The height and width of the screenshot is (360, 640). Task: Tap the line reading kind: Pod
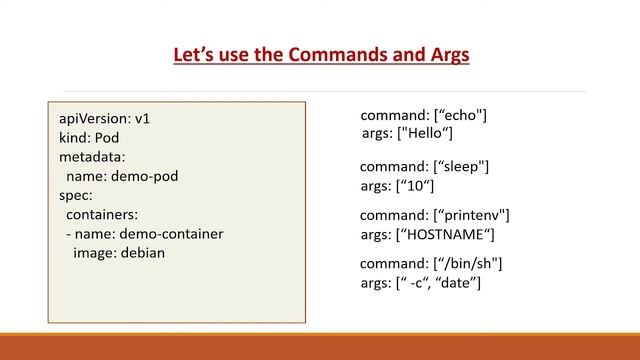(x=89, y=137)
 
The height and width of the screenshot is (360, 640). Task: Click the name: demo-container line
(x=144, y=233)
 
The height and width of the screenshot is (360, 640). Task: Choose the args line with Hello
(x=407, y=132)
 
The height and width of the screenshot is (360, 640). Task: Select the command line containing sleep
(x=425, y=166)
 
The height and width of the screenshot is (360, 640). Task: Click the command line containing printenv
(x=436, y=215)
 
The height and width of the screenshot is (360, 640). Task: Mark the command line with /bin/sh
(x=431, y=264)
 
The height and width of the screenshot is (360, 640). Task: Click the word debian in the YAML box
(x=142, y=252)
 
